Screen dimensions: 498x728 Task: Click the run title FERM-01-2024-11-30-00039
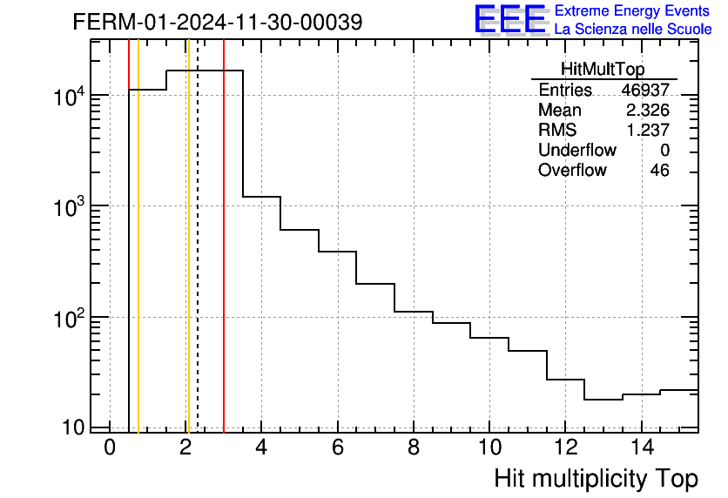(217, 23)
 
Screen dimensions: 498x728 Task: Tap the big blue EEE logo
(510, 19)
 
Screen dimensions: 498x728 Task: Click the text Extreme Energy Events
(633, 11)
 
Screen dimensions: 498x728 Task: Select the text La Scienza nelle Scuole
(633, 30)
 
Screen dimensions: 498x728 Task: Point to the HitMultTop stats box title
(603, 71)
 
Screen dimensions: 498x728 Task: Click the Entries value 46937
(645, 91)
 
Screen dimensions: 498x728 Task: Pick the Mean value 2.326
(648, 111)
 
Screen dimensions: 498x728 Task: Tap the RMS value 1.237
(648, 131)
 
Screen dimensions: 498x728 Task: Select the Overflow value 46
(659, 171)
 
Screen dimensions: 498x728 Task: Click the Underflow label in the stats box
(576, 151)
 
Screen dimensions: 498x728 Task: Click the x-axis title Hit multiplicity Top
(596, 478)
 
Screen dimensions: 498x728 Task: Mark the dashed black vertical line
(198, 261)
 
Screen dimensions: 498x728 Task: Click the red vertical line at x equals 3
(224, 261)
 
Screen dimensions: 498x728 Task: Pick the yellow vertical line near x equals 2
(187, 261)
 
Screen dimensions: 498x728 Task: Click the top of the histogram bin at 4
(261, 197)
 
